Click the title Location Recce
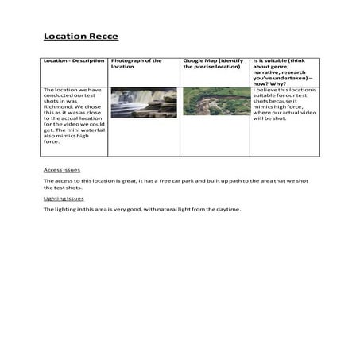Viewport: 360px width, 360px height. (x=80, y=37)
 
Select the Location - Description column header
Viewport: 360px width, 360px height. (x=73, y=60)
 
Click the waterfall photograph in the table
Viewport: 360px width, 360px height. (x=144, y=101)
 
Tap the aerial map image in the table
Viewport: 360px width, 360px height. (x=215, y=101)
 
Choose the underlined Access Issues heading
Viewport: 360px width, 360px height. (x=61, y=170)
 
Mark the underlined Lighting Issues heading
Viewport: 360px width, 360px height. (x=64, y=198)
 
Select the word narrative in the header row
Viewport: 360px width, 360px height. (x=268, y=73)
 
